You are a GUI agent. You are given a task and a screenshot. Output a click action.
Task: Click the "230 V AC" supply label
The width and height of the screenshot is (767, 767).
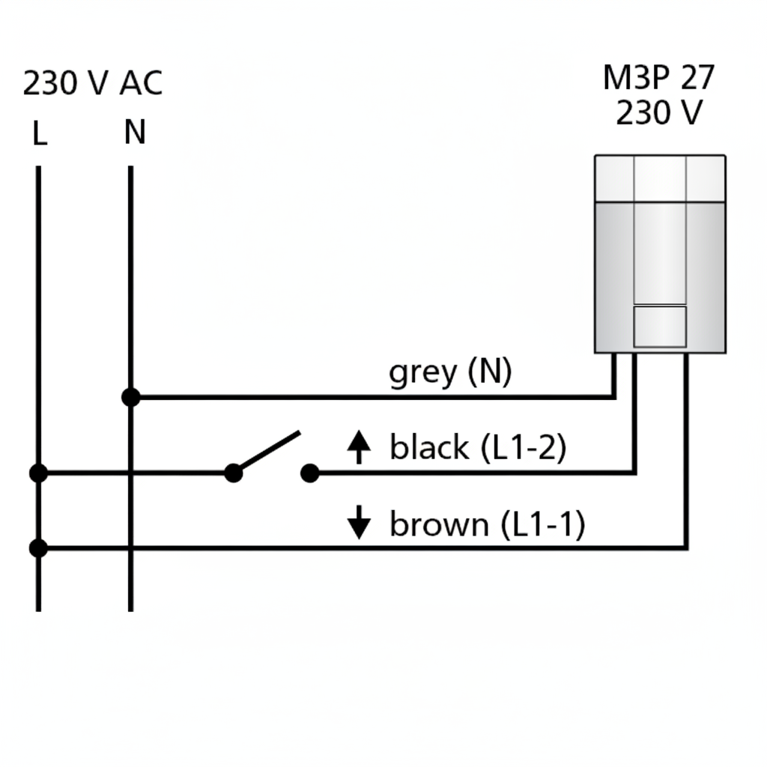click(92, 83)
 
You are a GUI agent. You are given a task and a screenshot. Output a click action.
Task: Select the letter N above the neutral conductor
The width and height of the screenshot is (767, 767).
click(135, 133)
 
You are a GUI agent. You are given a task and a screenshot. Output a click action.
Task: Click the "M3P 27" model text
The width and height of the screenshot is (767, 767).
click(658, 78)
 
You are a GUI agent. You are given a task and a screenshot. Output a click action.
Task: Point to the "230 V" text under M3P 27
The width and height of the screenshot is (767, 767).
click(658, 113)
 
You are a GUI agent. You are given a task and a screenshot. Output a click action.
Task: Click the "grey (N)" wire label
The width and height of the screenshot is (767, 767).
click(450, 372)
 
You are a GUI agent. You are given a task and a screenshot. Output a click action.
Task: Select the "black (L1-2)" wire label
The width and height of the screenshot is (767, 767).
click(478, 448)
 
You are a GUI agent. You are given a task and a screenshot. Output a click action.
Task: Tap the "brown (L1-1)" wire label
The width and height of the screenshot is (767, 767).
click(487, 524)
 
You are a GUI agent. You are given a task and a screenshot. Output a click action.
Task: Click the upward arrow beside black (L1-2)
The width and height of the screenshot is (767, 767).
click(360, 447)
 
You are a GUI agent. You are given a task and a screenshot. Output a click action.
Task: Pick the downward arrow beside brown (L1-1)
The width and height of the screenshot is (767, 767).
click(360, 522)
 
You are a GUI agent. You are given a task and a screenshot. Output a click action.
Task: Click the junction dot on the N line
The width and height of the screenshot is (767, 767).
click(130, 397)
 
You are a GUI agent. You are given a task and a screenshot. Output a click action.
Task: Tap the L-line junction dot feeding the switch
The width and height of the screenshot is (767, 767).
click(38, 473)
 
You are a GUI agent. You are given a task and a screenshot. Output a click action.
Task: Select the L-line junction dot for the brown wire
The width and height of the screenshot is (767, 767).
click(38, 548)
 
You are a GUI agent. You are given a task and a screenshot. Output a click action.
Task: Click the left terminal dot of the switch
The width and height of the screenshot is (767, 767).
click(234, 473)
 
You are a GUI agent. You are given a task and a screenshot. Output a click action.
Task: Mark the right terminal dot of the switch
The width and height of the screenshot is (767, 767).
click(309, 473)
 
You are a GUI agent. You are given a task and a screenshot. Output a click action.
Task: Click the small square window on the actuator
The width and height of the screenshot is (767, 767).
click(660, 326)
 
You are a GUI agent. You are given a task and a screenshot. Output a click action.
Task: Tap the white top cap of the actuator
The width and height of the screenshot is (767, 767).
click(660, 178)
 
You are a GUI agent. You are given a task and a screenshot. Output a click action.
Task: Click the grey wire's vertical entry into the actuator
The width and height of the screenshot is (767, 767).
click(614, 375)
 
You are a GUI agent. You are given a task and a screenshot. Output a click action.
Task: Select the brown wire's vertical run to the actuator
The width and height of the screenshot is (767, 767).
click(685, 449)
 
